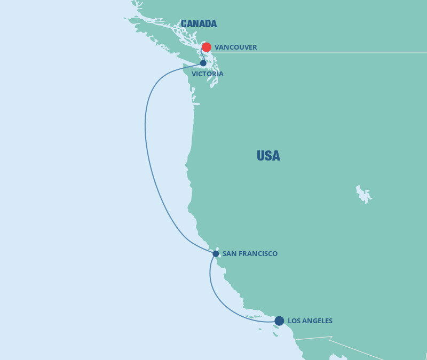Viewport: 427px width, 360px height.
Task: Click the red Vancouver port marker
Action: coord(207,47)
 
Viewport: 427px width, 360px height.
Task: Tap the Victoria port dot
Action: coord(203,63)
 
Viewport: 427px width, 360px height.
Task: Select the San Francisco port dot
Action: coord(216,253)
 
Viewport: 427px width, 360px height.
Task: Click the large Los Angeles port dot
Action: coord(279,321)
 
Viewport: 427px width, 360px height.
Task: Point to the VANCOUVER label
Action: coord(235,47)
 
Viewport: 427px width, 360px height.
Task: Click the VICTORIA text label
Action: coord(208,74)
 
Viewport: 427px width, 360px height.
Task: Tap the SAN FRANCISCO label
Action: coord(250,254)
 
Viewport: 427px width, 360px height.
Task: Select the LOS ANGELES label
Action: coord(310,321)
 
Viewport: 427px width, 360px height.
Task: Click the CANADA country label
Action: coord(199,23)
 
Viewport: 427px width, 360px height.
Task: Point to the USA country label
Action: coord(268,156)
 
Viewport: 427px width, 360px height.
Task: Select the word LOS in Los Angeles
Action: coord(294,321)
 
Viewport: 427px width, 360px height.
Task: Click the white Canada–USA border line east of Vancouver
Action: coord(347,53)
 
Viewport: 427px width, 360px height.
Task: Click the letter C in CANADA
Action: coord(184,23)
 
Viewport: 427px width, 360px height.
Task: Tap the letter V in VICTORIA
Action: coord(194,74)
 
